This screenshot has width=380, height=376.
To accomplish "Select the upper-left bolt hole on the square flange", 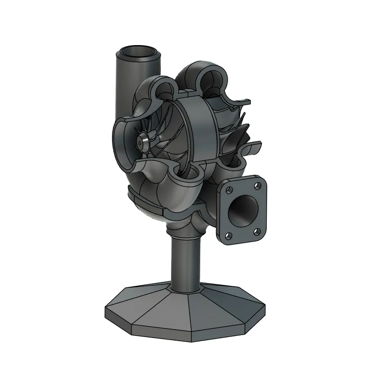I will [x=229, y=190].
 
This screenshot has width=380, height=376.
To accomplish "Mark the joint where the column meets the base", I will [x=186, y=290].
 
